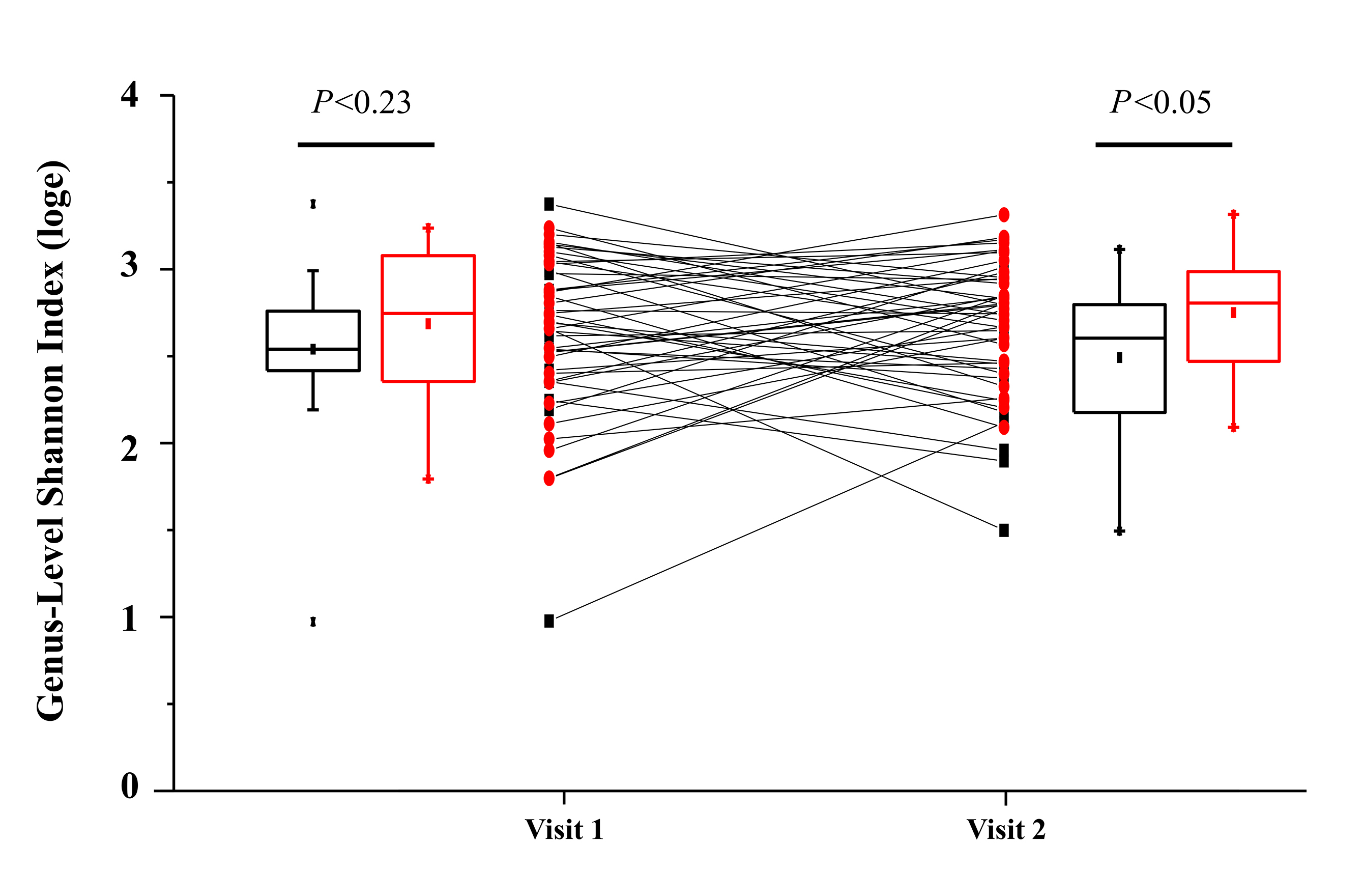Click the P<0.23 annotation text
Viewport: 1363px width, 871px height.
point(361,102)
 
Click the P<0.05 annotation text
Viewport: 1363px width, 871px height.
point(1161,102)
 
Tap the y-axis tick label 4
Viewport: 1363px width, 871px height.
point(130,95)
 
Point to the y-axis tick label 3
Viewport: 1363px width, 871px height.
point(130,265)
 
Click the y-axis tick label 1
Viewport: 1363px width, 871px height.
point(130,619)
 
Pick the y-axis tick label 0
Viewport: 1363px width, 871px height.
point(130,786)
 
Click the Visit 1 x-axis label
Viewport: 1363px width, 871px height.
point(564,830)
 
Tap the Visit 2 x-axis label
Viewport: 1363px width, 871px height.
point(1006,830)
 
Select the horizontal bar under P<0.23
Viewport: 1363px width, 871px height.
point(366,145)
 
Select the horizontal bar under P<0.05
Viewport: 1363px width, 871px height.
point(1164,145)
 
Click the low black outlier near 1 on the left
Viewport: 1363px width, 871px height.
point(313,622)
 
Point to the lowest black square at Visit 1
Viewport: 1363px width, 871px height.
point(549,621)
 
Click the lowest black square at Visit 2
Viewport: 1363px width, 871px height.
point(1004,530)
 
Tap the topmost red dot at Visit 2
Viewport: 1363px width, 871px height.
point(1004,215)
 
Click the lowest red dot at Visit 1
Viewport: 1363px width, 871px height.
point(549,479)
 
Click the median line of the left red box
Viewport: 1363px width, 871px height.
point(428,313)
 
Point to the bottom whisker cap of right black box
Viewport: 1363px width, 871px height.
point(1119,531)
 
